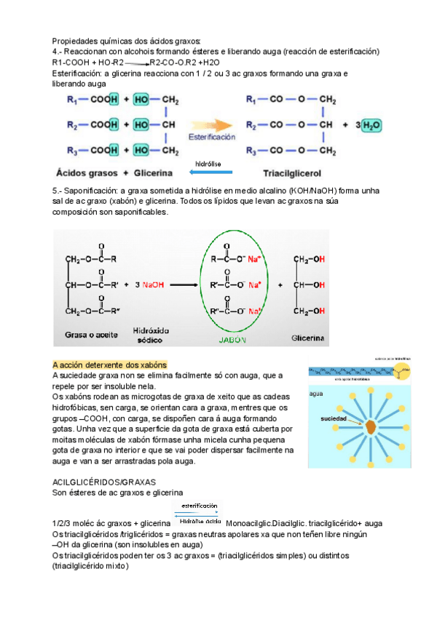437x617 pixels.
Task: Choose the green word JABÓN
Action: tap(232, 339)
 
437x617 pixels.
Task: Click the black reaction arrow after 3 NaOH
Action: tap(186, 284)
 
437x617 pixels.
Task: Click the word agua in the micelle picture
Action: tap(316, 393)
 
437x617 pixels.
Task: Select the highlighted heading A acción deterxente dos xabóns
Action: tap(110, 365)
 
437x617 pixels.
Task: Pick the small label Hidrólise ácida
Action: tap(200, 521)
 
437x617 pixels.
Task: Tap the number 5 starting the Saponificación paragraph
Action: tap(55, 190)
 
